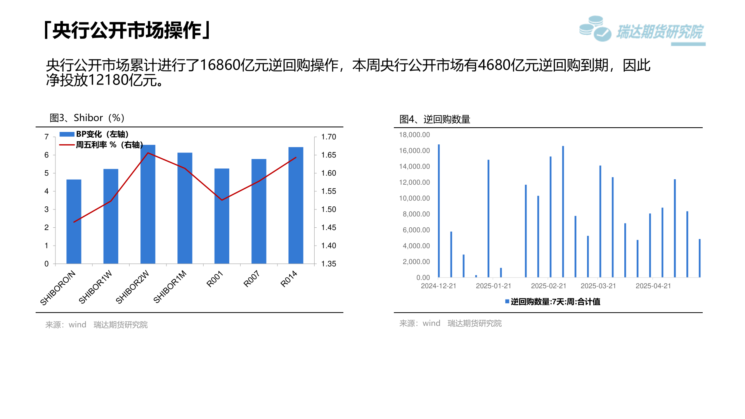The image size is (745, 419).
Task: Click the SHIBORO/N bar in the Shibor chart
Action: (x=74, y=222)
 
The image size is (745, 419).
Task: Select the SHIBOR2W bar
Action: (x=148, y=204)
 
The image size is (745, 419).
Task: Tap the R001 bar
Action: (x=222, y=216)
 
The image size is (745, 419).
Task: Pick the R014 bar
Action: (x=296, y=205)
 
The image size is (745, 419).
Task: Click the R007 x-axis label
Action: (x=251, y=279)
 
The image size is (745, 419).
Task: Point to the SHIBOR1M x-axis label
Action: (x=170, y=287)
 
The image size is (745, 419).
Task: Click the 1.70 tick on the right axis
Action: (x=329, y=137)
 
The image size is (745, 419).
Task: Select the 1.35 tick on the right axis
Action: (x=329, y=264)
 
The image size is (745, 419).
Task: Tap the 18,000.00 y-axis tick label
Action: (x=414, y=135)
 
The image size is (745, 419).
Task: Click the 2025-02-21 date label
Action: (x=549, y=286)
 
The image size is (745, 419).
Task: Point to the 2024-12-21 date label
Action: (x=439, y=286)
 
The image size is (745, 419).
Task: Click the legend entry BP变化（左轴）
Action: (x=94, y=134)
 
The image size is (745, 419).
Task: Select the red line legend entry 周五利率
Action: (x=101, y=145)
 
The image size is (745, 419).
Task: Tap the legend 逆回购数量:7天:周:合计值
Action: (x=553, y=301)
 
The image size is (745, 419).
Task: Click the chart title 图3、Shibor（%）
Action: (x=87, y=118)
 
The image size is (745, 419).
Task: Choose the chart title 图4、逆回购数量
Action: (x=435, y=119)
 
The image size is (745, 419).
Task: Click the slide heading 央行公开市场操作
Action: (x=127, y=30)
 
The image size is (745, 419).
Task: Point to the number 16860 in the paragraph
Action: (x=220, y=65)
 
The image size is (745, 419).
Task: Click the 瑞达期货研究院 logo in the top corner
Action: (x=642, y=30)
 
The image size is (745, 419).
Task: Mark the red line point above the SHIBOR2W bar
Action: (x=148, y=153)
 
